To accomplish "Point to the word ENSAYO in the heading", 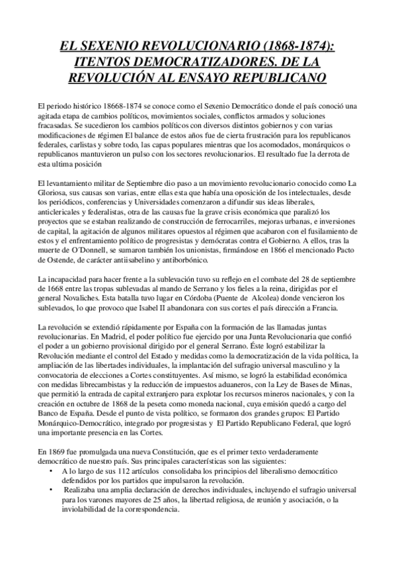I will (x=219, y=77).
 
